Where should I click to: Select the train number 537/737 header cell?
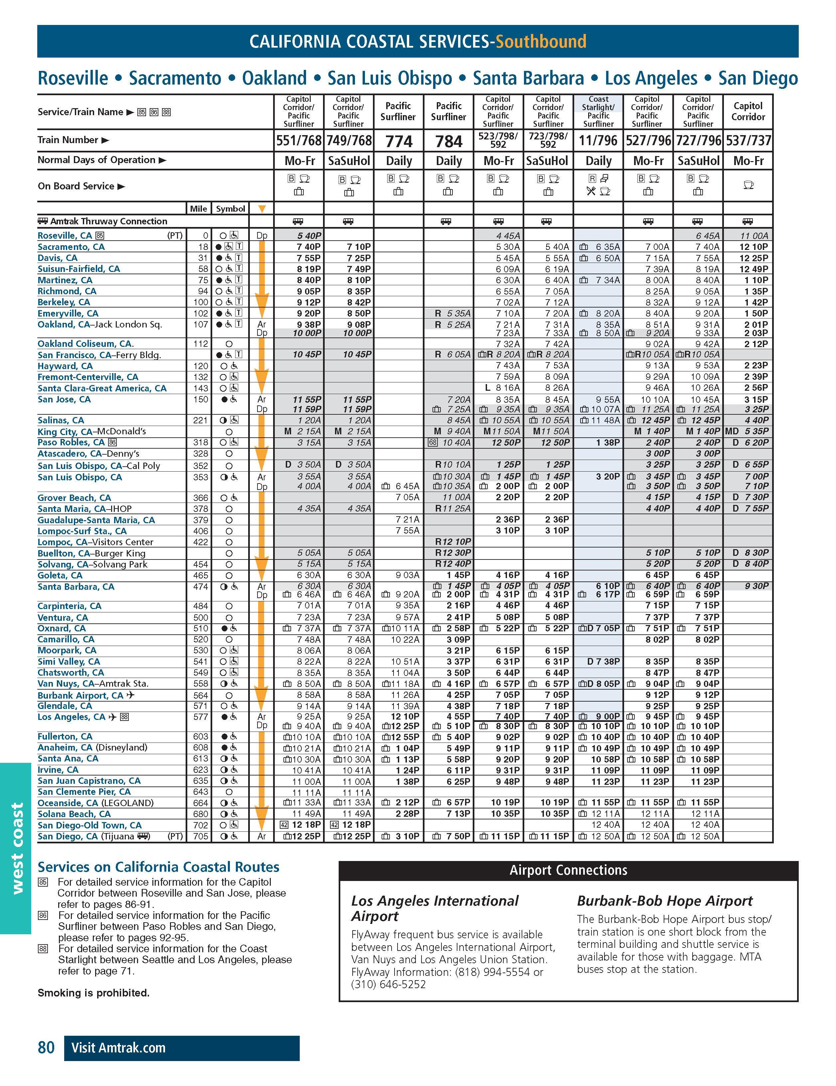[748, 141]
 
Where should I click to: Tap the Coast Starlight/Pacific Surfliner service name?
[598, 111]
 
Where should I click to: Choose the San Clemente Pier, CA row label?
[84, 792]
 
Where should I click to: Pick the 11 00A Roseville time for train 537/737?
[754, 236]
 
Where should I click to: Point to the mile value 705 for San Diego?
[200, 836]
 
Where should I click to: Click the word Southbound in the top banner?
[541, 41]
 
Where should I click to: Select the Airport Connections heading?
[568, 870]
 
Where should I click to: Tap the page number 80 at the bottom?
[46, 1048]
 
